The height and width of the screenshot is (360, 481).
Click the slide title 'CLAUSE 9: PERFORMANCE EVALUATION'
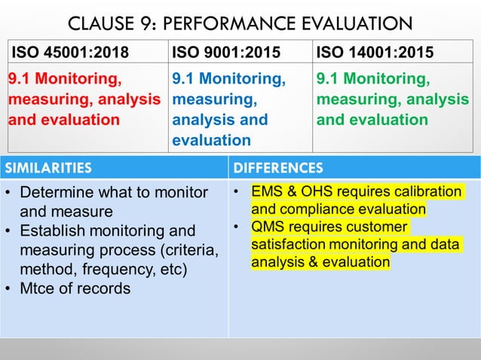pyautogui.click(x=240, y=23)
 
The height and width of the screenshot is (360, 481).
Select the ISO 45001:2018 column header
pyautogui.click(x=69, y=53)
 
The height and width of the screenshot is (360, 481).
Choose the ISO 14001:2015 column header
pyautogui.click(x=375, y=53)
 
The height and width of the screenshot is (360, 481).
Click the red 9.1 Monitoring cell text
pyautogui.click(x=84, y=99)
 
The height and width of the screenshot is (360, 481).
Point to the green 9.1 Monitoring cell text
pyautogui.click(x=393, y=99)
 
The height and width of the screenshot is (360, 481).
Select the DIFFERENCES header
pyautogui.click(x=278, y=167)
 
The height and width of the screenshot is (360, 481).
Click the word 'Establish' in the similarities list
pyautogui.click(x=52, y=230)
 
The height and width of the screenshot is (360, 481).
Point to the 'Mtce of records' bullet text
pyautogui.click(x=75, y=288)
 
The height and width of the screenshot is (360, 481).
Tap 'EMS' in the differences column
pyautogui.click(x=268, y=191)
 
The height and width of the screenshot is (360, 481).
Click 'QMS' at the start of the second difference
pyautogui.click(x=268, y=227)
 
